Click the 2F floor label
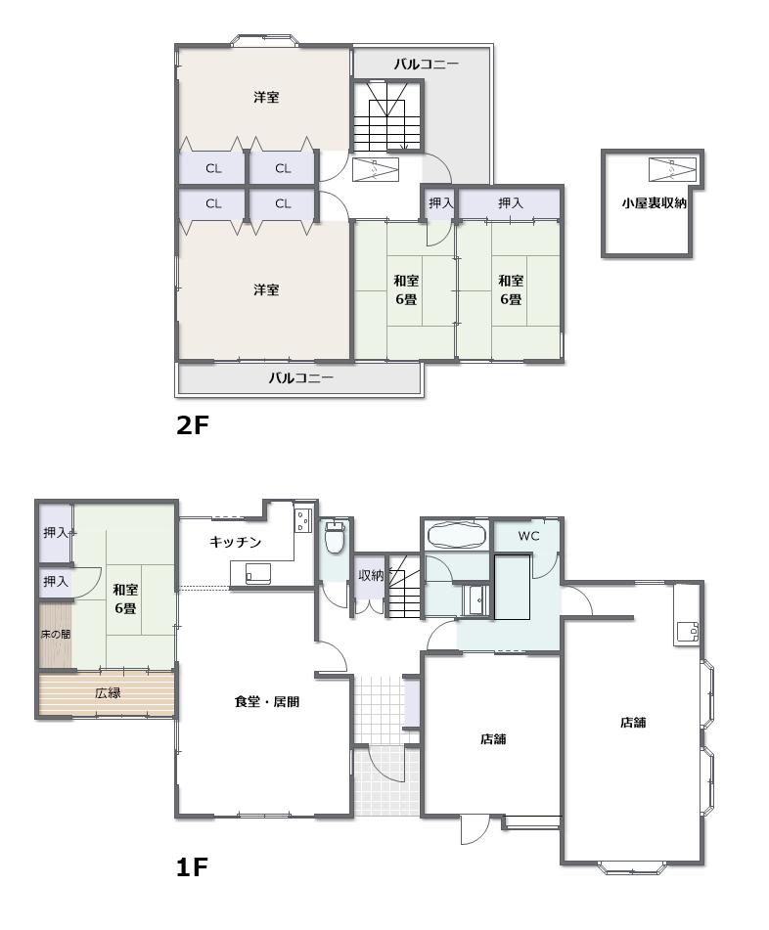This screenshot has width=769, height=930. (193, 424)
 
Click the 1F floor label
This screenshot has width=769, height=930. (192, 867)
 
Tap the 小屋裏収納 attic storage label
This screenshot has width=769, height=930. (654, 202)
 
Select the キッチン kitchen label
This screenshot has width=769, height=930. (236, 542)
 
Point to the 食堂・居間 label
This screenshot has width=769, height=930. (267, 701)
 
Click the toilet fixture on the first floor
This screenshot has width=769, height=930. (336, 536)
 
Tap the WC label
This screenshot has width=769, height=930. (528, 536)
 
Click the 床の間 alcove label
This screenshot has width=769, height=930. (56, 634)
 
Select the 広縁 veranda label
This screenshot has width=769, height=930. (108, 692)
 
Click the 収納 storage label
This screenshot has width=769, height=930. (370, 575)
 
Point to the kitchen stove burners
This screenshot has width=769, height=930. (302, 519)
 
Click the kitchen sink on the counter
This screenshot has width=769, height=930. (258, 573)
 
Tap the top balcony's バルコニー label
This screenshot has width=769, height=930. (427, 65)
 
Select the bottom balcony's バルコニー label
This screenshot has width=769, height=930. (301, 377)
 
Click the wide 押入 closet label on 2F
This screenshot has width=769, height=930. (511, 202)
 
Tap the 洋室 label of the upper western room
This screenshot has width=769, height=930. (266, 97)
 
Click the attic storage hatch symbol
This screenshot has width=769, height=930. (672, 169)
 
